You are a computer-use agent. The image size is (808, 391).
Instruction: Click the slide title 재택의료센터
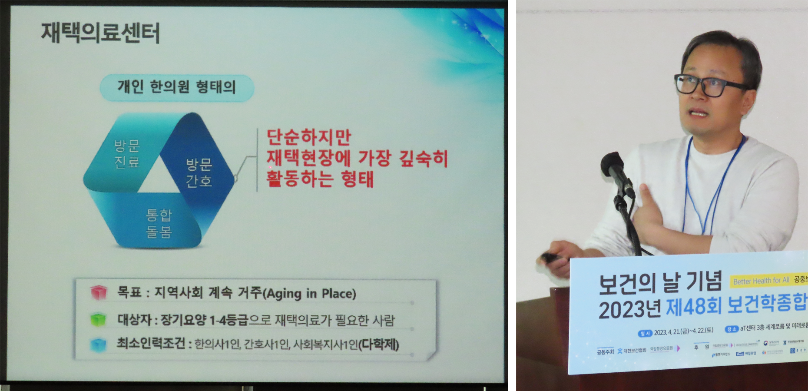click(100, 33)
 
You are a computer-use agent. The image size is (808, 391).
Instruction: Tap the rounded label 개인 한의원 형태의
click(176, 87)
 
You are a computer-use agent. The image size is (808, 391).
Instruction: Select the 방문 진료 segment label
click(127, 154)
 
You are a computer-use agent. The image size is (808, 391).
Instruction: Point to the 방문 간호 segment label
click(199, 172)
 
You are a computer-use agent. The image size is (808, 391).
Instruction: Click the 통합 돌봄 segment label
click(159, 223)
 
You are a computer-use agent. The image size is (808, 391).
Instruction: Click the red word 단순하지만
click(308, 137)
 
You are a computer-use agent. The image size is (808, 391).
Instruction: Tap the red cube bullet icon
click(99, 292)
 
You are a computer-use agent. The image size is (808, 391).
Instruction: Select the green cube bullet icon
click(98, 319)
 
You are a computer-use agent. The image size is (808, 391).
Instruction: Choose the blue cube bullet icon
click(98, 345)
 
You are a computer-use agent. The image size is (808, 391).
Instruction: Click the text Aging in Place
click(311, 294)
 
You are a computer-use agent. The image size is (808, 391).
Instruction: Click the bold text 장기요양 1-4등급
click(205, 320)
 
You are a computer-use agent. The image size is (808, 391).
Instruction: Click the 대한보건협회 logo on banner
click(632, 350)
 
